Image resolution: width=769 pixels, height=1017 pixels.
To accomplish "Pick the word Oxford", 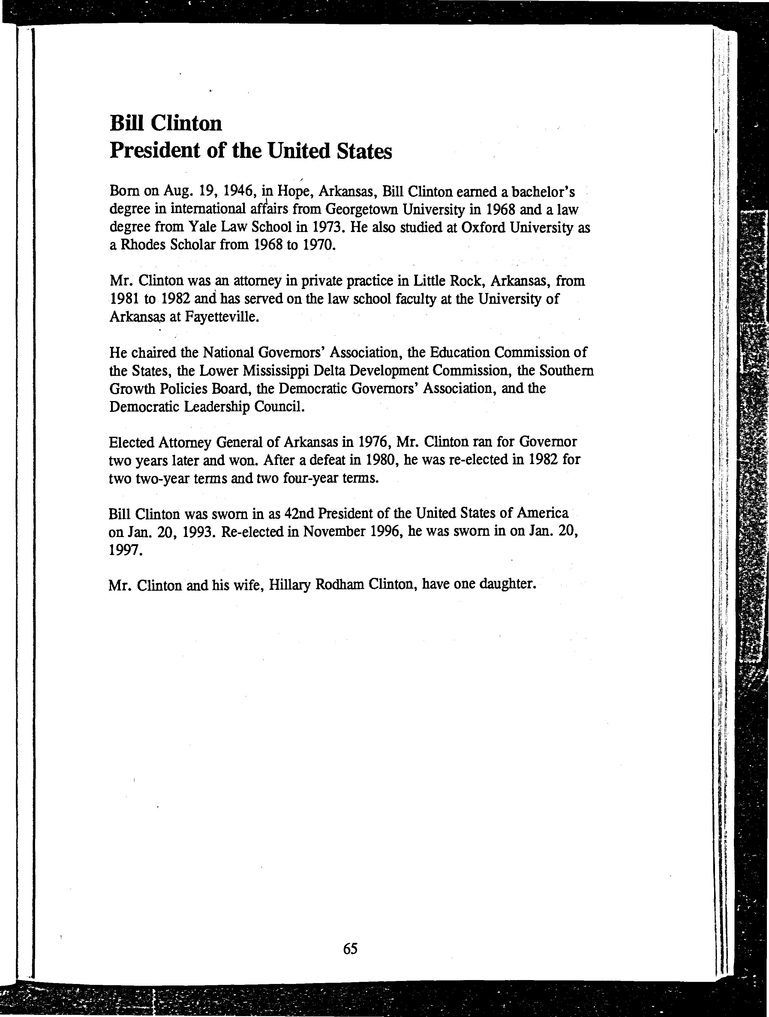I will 487,227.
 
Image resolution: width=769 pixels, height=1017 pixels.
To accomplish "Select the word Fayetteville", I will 221,317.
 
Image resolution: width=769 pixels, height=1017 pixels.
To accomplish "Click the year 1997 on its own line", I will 124,549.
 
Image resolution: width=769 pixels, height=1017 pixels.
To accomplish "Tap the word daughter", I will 507,585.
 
